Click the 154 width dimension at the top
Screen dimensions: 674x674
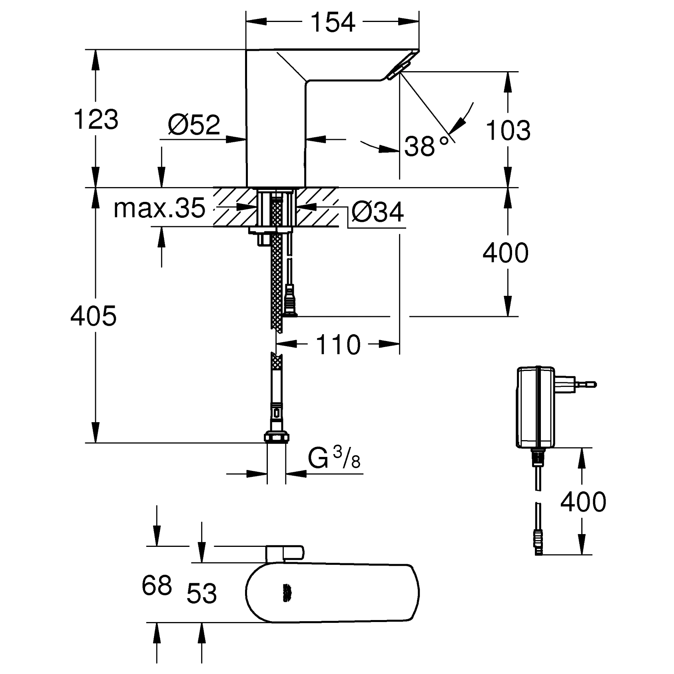pyautogui.click(x=333, y=22)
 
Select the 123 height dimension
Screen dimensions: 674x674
pyautogui.click(x=96, y=119)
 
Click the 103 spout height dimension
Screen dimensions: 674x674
pyautogui.click(x=508, y=130)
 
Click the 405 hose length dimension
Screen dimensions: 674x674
pyautogui.click(x=93, y=315)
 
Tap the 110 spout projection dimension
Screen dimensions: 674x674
pyautogui.click(x=338, y=345)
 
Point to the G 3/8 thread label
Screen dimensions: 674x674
pyautogui.click(x=334, y=458)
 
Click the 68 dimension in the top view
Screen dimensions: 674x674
pyautogui.click(x=157, y=585)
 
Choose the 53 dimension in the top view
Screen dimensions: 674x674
pyautogui.click(x=202, y=593)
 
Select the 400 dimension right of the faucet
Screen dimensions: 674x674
pyautogui.click(x=505, y=253)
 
